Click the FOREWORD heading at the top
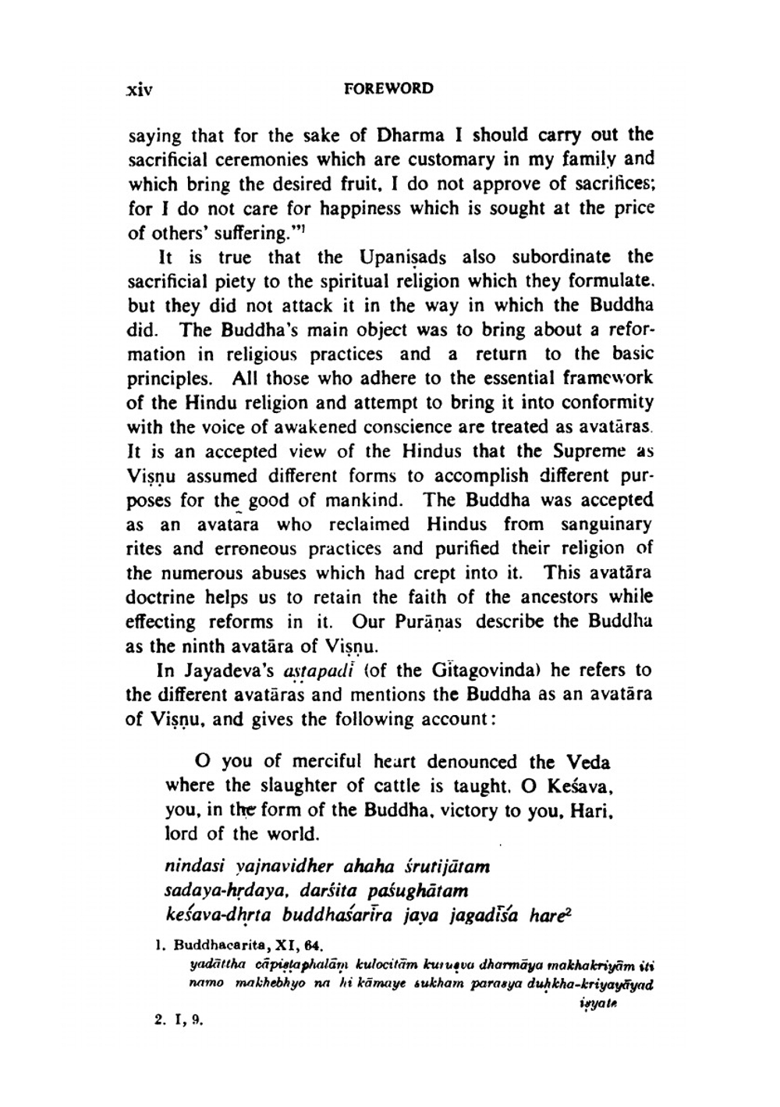click(388, 88)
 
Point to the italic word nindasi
click(192, 867)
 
